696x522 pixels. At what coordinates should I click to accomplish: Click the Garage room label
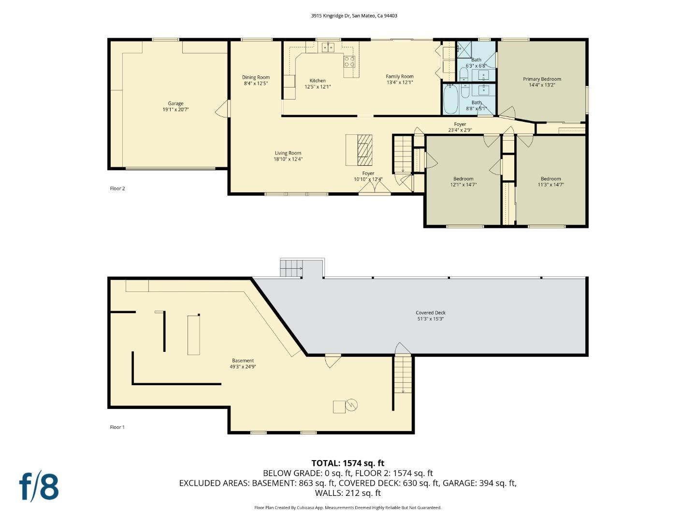coord(175,103)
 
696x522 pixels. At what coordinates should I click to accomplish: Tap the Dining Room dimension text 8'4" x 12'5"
coord(256,84)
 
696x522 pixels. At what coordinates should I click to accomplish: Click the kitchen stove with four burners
coord(349,61)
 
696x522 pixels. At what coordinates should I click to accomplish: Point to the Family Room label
coord(400,76)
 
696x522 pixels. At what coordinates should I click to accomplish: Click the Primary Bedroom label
coord(542,79)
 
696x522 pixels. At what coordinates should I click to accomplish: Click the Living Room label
coord(288,153)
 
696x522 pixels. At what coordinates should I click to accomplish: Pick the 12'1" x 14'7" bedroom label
coord(463,179)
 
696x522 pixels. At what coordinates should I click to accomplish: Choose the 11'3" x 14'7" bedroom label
coord(551,179)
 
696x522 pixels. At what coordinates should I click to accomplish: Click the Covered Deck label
coord(431,313)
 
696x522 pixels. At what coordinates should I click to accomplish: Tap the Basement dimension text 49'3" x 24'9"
coord(243,367)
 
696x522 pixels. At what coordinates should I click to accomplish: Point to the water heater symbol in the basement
coord(352,405)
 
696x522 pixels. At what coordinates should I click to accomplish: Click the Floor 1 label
coord(117,427)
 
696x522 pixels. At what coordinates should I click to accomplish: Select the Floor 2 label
coord(117,188)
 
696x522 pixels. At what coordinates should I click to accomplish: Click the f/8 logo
coord(39,487)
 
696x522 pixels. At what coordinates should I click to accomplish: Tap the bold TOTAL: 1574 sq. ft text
coord(348,463)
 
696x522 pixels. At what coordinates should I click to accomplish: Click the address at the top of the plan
coord(354,15)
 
